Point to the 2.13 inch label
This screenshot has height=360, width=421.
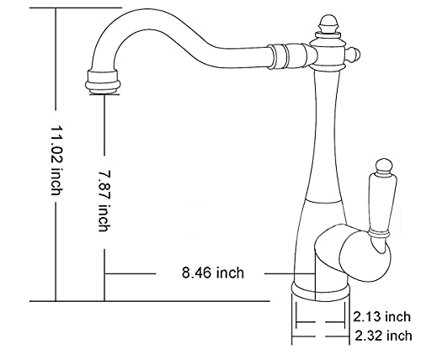(x=383, y=317)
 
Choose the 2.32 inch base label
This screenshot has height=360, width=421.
(x=383, y=336)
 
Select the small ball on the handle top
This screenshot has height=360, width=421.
(x=384, y=165)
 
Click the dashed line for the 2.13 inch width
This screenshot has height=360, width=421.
(x=320, y=321)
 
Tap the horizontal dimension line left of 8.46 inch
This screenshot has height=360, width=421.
(x=131, y=273)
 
